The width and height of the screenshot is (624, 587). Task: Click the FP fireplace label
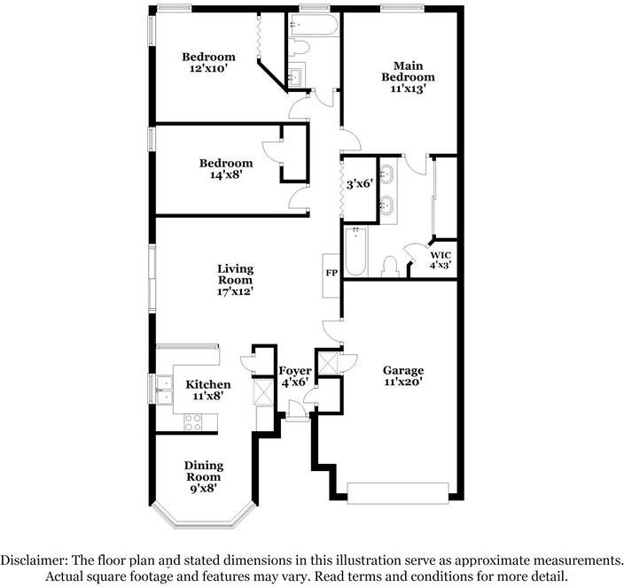pyautogui.click(x=331, y=273)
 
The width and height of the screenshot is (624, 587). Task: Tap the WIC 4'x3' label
pyautogui.click(x=441, y=260)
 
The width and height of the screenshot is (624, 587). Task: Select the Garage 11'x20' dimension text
pyautogui.click(x=403, y=382)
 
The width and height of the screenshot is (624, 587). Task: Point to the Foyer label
pyautogui.click(x=295, y=371)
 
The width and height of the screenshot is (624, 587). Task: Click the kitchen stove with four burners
pyautogui.click(x=193, y=422)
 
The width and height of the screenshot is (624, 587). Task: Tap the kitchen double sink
pyautogui.click(x=164, y=390)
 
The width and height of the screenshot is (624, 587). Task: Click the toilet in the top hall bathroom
pyautogui.click(x=300, y=47)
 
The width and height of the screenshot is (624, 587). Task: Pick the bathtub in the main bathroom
pyautogui.click(x=355, y=251)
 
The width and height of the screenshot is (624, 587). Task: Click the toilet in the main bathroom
pyautogui.click(x=390, y=266)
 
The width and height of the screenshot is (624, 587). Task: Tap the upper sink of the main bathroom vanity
pyautogui.click(x=386, y=174)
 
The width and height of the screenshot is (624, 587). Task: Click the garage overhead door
pyautogui.click(x=398, y=493)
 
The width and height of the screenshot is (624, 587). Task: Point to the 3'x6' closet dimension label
pyautogui.click(x=360, y=184)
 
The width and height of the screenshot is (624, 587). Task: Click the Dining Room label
pyautogui.click(x=204, y=470)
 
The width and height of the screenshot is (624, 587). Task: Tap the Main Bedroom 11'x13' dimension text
pyautogui.click(x=409, y=89)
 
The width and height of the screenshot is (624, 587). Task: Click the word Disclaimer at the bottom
pyautogui.click(x=34, y=560)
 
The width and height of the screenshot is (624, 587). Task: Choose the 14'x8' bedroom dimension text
pyautogui.click(x=226, y=174)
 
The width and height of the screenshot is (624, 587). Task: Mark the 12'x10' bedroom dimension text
pyautogui.click(x=208, y=68)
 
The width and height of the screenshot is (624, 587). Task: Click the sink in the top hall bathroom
pyautogui.click(x=295, y=76)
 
